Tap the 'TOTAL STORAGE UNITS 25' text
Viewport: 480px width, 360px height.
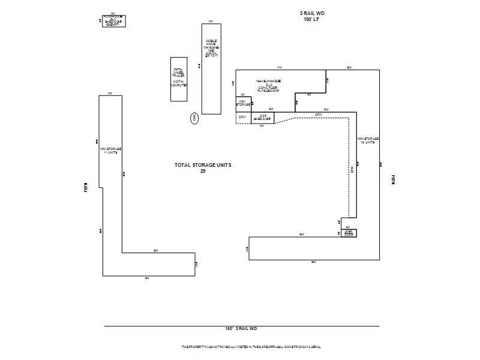point(203,168)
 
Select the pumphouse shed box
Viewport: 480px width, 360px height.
point(114,21)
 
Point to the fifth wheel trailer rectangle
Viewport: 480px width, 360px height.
point(179,79)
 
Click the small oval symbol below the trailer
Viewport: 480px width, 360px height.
point(194,118)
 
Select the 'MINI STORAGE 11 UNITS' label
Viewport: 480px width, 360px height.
point(111,151)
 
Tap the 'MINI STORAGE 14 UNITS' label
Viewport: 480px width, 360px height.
point(368,140)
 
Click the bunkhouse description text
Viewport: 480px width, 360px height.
point(269,85)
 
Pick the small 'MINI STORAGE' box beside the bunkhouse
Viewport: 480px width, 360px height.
point(242,103)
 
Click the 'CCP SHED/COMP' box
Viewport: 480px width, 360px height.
point(262,118)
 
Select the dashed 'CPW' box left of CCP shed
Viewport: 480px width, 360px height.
point(242,118)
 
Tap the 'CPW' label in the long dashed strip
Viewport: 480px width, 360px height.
point(319,114)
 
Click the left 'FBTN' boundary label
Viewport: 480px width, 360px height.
point(86,187)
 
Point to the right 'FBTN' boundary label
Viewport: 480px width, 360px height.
point(393,179)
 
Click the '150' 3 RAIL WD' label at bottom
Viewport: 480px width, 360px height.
point(241,329)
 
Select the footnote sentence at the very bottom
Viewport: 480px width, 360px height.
point(251,347)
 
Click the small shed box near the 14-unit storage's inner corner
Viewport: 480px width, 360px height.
point(349,233)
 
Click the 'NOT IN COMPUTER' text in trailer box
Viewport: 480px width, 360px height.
point(179,83)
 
